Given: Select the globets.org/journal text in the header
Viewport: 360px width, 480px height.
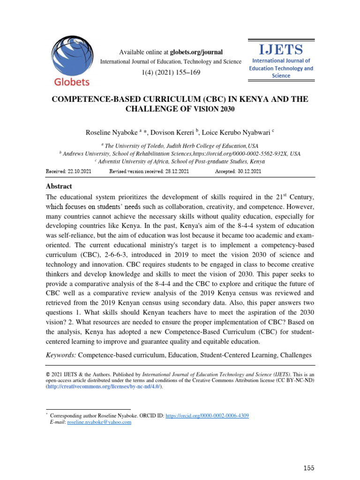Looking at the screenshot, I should point(196,52).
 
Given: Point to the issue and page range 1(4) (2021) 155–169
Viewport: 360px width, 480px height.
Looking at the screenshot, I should point(171,74).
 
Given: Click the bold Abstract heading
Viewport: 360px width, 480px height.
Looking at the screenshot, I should point(59,186).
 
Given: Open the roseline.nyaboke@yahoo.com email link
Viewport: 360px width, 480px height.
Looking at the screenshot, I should point(99,422).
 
